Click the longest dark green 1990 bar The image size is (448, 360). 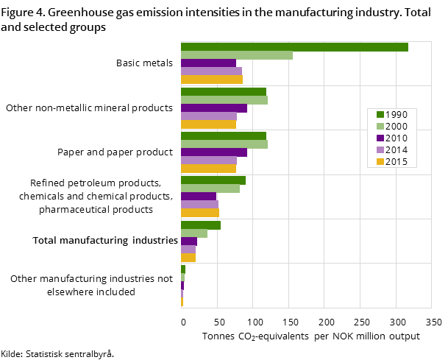(294, 47)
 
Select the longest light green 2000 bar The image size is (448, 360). (237, 55)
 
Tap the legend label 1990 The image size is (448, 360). (396, 115)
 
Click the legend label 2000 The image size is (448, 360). (396, 127)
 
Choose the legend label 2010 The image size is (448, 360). (396, 138)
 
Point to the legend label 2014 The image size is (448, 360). (396, 150)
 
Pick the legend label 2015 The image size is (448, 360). (396, 162)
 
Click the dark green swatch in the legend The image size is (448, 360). (380, 115)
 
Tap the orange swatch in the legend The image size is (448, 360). (380, 162)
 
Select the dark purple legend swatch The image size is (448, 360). (380, 138)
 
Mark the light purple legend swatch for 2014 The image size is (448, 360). (380, 150)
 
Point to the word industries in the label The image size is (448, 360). (155, 241)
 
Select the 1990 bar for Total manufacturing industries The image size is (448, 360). (201, 225)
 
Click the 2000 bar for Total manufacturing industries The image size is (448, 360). (194, 233)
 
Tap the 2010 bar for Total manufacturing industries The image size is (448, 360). (189, 241)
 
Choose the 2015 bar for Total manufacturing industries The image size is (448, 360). (188, 258)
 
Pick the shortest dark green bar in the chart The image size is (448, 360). (183, 269)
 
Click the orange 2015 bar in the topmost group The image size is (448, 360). (212, 80)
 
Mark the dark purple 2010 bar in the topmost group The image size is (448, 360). (208, 63)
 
